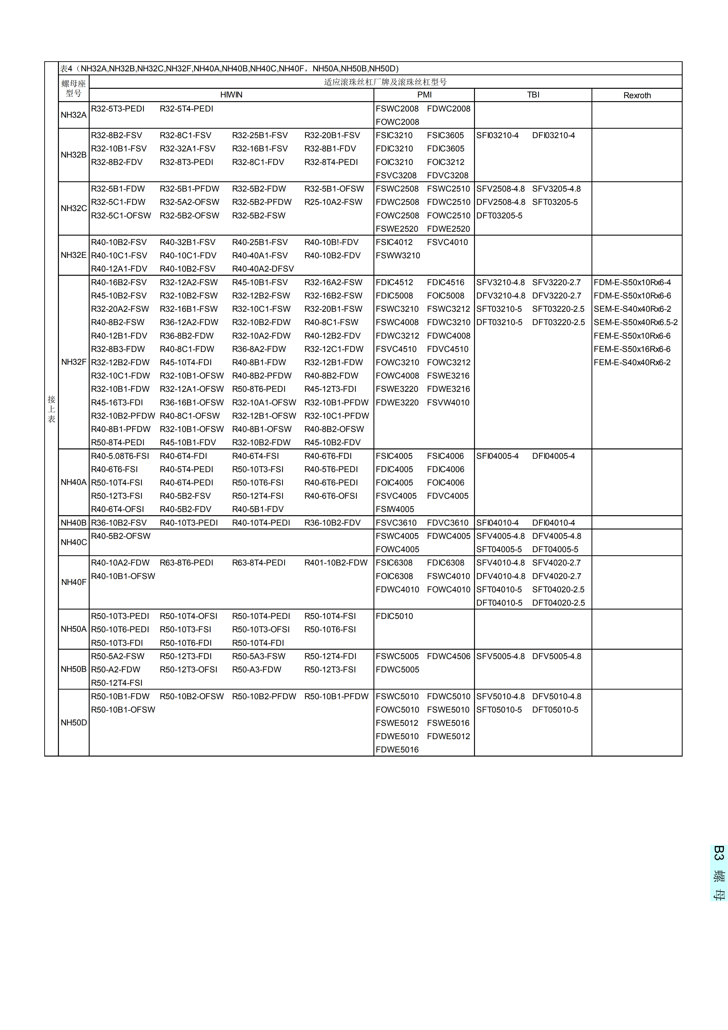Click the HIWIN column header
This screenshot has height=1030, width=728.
pyautogui.click(x=231, y=95)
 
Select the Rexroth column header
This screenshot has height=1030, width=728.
pyautogui.click(x=637, y=95)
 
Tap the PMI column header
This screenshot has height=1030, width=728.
pyautogui.click(x=424, y=95)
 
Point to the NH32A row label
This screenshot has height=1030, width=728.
pyautogui.click(x=74, y=115)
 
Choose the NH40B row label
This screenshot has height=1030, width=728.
pyautogui.click(x=74, y=523)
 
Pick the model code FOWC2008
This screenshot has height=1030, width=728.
pyautogui.click(x=397, y=122)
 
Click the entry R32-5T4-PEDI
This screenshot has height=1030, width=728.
pyautogui.click(x=187, y=109)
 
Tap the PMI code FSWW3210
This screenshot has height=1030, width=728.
pyautogui.click(x=398, y=255)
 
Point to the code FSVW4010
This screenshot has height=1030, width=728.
pyautogui.click(x=448, y=402)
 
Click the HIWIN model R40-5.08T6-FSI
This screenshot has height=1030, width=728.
pyautogui.click(x=120, y=456)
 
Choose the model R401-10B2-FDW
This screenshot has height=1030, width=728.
pyautogui.click(x=336, y=562)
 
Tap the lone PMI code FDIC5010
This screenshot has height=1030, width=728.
pyautogui.click(x=394, y=616)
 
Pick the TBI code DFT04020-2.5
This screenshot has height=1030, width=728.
pyautogui.click(x=558, y=602)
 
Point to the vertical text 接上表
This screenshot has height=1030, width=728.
pyautogui.click(x=52, y=409)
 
